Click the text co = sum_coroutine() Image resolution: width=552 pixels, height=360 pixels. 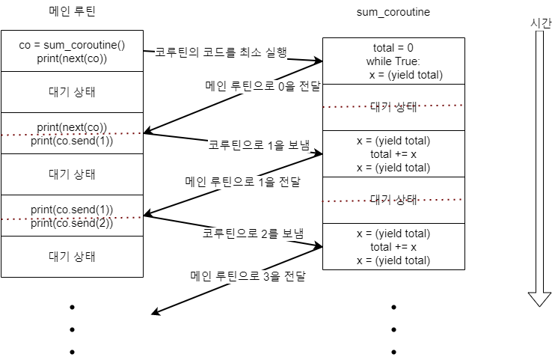tap(72, 45)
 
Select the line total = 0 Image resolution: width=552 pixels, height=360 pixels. tap(393, 48)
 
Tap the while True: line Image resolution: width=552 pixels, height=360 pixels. tap(393, 61)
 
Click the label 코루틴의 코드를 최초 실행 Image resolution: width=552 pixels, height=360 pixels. tap(221, 52)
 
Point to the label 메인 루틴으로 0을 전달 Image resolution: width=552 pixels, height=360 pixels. tap(263, 86)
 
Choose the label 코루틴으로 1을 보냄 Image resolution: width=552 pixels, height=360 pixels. tap(259, 145)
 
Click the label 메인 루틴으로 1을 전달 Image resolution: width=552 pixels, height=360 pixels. tap(242, 182)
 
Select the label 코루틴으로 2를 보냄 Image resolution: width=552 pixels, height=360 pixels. tap(254, 234)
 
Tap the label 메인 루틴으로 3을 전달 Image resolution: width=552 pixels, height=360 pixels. tap(248, 277)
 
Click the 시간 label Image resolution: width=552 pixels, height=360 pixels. tap(540, 24)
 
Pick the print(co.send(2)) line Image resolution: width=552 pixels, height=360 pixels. tap(72, 223)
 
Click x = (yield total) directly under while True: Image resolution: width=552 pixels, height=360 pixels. tap(405, 74)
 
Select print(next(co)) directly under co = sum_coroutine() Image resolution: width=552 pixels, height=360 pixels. tap(72, 58)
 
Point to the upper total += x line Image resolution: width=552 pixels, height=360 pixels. tap(393, 153)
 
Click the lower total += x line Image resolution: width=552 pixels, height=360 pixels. tap(393, 247)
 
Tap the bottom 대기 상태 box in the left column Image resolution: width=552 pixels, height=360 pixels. tap(72, 257)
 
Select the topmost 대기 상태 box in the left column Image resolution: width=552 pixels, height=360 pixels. tap(72, 92)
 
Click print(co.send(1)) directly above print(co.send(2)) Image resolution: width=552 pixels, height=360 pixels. tap(72, 209)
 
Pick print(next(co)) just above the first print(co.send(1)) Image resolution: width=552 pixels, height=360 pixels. tap(72, 126)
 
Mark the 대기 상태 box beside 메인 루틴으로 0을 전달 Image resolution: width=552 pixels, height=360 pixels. tap(393, 106)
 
